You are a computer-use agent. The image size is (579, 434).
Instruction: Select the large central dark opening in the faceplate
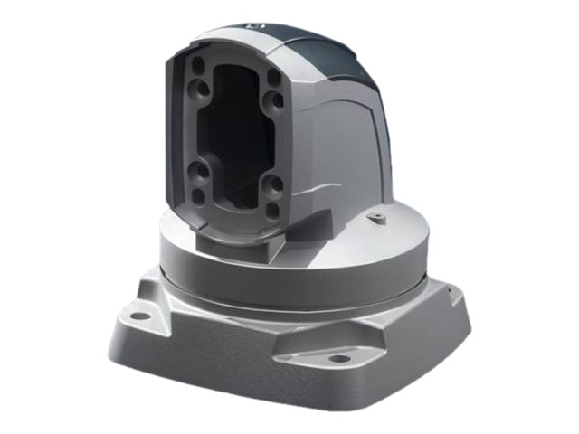[x=237, y=136]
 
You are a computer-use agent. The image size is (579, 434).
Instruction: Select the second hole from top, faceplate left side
[x=197, y=91]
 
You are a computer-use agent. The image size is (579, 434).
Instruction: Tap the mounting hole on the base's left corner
[x=138, y=316]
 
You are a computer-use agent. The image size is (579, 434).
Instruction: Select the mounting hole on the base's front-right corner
[x=339, y=358]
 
